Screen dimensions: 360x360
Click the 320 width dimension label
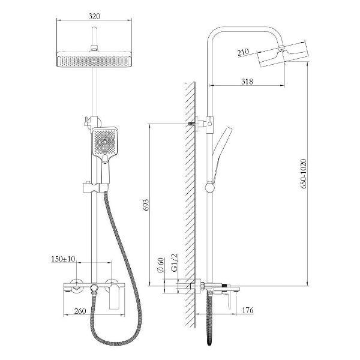[94, 16]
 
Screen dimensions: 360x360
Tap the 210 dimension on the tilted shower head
[243, 52]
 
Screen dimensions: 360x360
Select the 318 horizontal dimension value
[247, 82]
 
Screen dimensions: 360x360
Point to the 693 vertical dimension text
[146, 205]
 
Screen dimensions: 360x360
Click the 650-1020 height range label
[303, 174]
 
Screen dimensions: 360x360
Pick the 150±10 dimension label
[63, 259]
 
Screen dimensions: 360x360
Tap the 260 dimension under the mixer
[80, 311]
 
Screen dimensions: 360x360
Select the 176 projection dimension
[248, 310]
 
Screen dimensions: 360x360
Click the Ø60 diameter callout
[161, 265]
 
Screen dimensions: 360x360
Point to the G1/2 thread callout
[175, 263]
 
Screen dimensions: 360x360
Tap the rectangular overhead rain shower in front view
[94, 59]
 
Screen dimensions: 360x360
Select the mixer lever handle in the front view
[115, 296]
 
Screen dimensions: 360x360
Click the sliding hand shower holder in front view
[95, 188]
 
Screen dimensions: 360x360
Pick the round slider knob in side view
[209, 187]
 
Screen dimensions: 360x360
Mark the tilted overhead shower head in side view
[284, 54]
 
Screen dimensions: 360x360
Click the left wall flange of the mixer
[76, 286]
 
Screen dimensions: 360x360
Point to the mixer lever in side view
[230, 299]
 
